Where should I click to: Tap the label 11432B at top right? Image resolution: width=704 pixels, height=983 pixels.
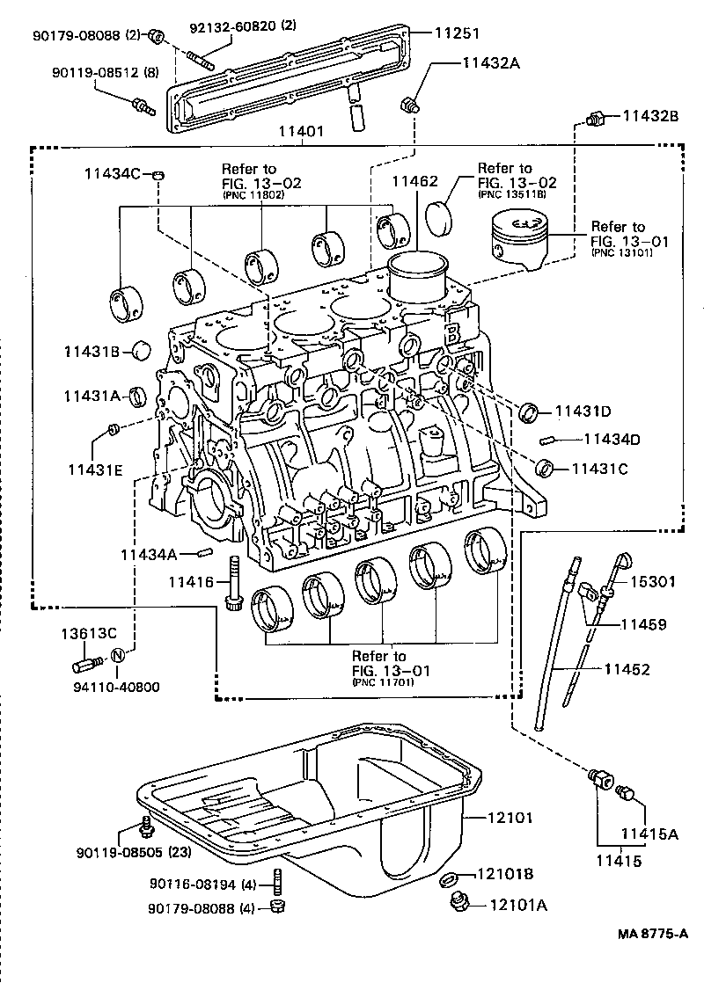click(650, 115)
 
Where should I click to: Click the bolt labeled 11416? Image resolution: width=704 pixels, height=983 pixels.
click(233, 584)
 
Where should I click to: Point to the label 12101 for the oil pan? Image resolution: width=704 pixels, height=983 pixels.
click(510, 817)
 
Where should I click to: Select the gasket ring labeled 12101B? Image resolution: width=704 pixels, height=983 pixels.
click(447, 877)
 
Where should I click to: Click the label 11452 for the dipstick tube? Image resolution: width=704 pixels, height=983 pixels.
click(626, 669)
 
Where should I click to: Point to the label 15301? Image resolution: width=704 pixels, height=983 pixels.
click(651, 581)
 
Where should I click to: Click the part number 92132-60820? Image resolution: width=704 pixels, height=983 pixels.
click(233, 27)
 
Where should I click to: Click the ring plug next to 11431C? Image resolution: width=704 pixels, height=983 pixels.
click(546, 466)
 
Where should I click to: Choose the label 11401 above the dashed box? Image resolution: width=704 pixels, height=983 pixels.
click(300, 131)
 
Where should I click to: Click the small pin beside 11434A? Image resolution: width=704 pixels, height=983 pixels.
click(205, 553)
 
